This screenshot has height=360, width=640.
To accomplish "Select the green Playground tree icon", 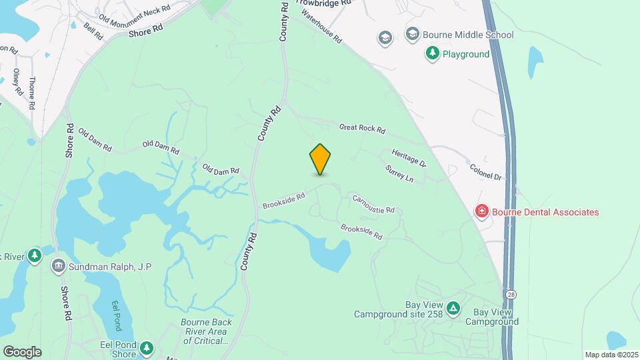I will (x=433, y=53).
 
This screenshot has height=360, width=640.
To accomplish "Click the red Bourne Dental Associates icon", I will (x=481, y=212).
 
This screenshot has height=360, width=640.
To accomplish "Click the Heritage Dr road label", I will (x=409, y=157).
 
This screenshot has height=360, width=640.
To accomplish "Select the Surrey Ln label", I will (x=399, y=174).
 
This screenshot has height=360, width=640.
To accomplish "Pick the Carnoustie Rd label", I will (x=373, y=204).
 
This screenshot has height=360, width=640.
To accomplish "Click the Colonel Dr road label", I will (x=485, y=173).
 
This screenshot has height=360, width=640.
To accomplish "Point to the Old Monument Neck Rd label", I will (x=134, y=13).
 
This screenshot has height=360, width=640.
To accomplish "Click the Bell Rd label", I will (x=93, y=30).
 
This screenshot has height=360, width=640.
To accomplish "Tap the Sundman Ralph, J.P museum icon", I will (x=59, y=267).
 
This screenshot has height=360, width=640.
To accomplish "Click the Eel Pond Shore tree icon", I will (x=147, y=348).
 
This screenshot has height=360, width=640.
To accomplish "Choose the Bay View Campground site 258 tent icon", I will (x=453, y=308).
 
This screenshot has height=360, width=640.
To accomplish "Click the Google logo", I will (x=21, y=351).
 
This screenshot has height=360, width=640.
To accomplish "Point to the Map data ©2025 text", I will (x=610, y=355).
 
